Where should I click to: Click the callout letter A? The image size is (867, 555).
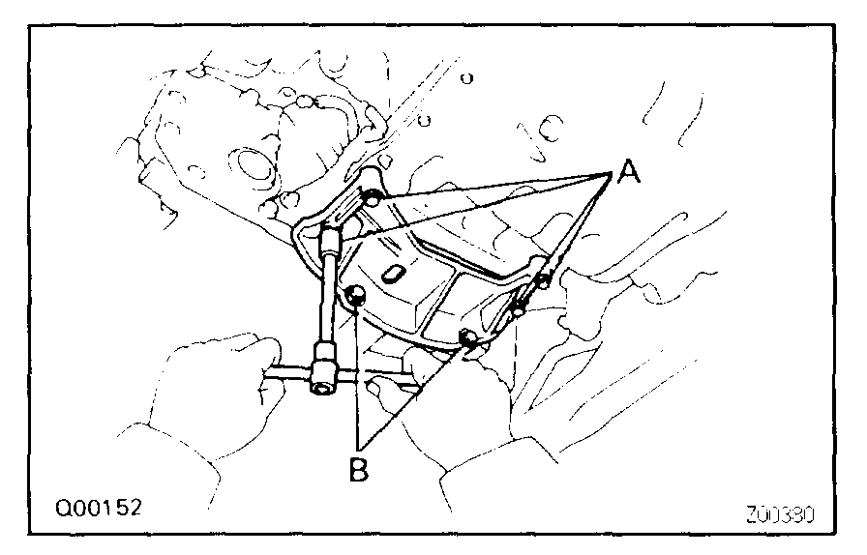[x=628, y=173]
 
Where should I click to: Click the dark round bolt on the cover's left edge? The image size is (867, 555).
[x=356, y=296]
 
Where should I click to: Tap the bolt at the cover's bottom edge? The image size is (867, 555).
[x=469, y=337]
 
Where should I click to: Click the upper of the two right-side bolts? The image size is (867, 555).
[x=542, y=281]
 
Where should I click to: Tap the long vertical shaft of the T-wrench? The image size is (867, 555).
[x=327, y=300]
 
